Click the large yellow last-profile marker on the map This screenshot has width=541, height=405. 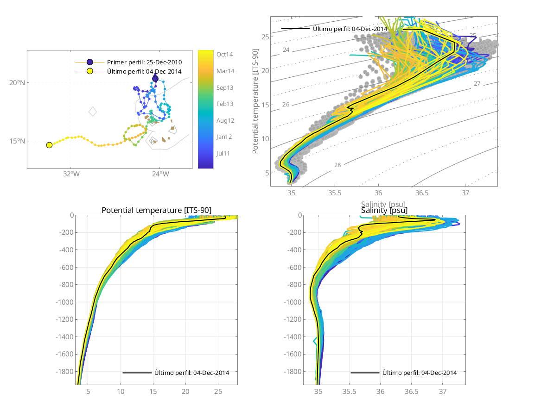(x=49, y=145)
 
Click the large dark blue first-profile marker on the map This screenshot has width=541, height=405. (x=155, y=79)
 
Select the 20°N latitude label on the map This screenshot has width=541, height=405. (x=17, y=83)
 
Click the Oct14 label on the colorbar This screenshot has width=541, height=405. (x=225, y=55)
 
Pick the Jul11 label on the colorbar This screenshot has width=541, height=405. (x=225, y=153)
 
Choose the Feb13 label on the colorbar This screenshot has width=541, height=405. (x=225, y=104)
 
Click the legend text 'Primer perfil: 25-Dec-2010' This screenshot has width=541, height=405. (x=144, y=62)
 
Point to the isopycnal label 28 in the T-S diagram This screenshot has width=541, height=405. (x=337, y=165)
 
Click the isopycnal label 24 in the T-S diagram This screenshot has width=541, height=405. (x=286, y=50)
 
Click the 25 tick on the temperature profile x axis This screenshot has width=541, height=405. (x=218, y=392)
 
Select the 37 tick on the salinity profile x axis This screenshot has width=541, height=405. (x=443, y=392)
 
